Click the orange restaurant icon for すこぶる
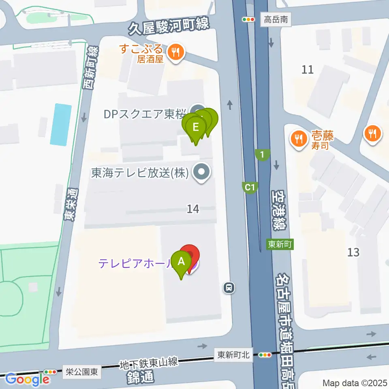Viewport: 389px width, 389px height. [175, 52]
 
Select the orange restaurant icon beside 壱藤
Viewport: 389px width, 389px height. [299, 138]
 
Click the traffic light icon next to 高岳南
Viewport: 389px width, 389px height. [248, 19]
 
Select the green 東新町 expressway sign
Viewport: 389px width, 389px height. [280, 244]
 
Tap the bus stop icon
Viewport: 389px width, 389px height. [229, 288]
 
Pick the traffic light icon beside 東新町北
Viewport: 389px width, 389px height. [265, 355]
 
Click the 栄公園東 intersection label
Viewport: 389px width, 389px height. [82, 372]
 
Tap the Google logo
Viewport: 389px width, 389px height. [28, 379]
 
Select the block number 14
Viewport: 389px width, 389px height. [193, 209]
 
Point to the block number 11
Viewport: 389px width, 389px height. [308, 70]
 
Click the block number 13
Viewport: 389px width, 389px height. [353, 252]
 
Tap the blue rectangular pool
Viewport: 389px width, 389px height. [60, 124]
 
